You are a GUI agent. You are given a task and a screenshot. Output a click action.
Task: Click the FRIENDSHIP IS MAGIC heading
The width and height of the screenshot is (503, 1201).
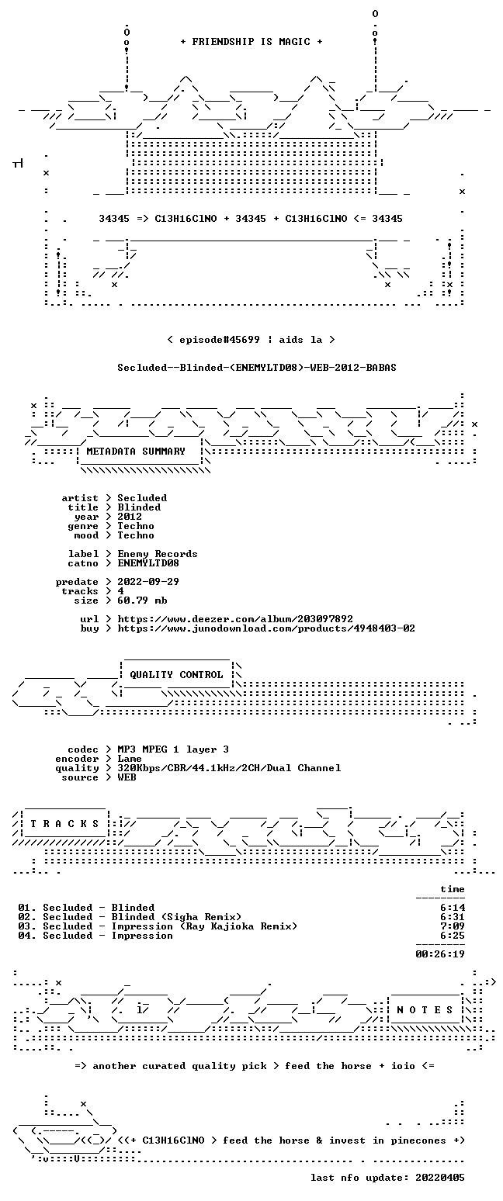[x=251, y=42]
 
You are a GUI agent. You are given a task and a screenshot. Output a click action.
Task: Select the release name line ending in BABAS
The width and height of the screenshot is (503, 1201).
[x=257, y=367]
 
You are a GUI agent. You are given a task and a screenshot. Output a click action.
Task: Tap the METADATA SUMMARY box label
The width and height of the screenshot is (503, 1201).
[x=136, y=452]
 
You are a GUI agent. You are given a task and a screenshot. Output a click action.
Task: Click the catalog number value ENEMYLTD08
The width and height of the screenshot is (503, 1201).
[x=148, y=563]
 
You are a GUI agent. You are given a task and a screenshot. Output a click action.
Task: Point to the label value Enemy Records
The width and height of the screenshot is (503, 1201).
[x=158, y=554]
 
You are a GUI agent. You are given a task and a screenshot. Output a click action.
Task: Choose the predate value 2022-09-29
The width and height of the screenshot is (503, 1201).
[x=148, y=582]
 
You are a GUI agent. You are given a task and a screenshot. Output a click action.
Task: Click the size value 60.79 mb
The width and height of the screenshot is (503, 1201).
[x=142, y=600]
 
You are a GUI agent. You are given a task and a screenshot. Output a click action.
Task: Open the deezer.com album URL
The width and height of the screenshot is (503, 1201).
[x=235, y=619]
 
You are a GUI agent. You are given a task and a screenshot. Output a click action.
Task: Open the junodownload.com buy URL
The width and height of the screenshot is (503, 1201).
[x=266, y=628]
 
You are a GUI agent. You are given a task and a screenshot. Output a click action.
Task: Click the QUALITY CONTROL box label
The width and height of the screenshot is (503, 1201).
[x=176, y=674]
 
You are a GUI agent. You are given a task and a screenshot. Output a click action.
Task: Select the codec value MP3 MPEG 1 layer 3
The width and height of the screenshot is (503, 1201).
[x=173, y=749]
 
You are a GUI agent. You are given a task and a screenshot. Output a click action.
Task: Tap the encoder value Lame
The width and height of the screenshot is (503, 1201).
[x=130, y=759]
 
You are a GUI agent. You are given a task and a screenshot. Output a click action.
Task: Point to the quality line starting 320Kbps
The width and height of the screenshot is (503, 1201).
[x=229, y=768]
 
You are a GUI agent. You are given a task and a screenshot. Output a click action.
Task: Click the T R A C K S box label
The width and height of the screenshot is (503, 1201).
[x=65, y=823]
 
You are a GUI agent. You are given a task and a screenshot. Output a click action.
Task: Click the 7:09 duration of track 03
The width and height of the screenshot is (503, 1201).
[x=453, y=926]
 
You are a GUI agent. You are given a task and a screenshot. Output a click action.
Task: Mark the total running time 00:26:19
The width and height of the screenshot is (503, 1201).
[x=440, y=954]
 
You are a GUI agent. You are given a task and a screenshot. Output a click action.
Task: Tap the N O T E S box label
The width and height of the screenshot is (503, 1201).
[x=425, y=1009]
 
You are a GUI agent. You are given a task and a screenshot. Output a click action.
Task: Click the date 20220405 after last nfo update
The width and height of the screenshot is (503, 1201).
[x=440, y=1178]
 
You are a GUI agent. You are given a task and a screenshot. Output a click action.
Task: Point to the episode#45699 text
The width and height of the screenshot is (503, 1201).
[x=220, y=339]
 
